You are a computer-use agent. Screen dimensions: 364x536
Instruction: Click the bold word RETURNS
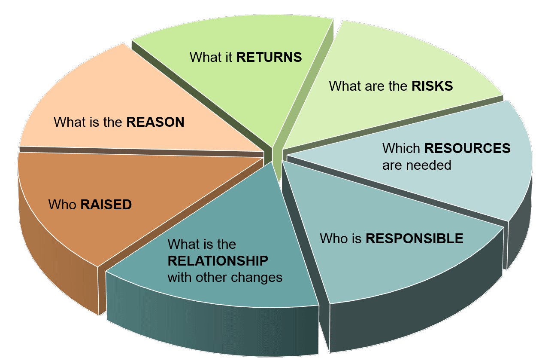pyautogui.click(x=269, y=57)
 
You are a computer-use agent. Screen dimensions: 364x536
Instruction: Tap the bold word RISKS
pyautogui.click(x=432, y=86)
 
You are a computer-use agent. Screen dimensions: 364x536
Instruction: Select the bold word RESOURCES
pyautogui.click(x=467, y=148)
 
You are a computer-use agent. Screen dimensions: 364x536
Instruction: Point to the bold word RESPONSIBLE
pyautogui.click(x=414, y=238)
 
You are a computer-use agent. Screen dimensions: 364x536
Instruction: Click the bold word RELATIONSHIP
pyautogui.click(x=218, y=261)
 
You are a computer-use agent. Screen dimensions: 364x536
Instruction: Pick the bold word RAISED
pyautogui.click(x=106, y=205)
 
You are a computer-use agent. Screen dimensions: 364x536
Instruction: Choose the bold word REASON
pyautogui.click(x=155, y=122)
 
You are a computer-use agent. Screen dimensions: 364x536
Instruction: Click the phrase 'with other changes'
pyautogui.click(x=225, y=277)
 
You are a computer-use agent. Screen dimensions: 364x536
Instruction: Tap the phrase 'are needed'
pyautogui.click(x=417, y=165)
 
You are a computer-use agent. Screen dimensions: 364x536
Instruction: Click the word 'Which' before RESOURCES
pyautogui.click(x=401, y=148)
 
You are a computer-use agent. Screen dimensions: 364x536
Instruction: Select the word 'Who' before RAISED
pyautogui.click(x=63, y=205)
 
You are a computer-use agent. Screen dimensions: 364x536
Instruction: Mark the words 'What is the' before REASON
pyautogui.click(x=88, y=122)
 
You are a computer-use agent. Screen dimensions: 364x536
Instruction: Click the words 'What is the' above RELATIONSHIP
pyautogui.click(x=202, y=244)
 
